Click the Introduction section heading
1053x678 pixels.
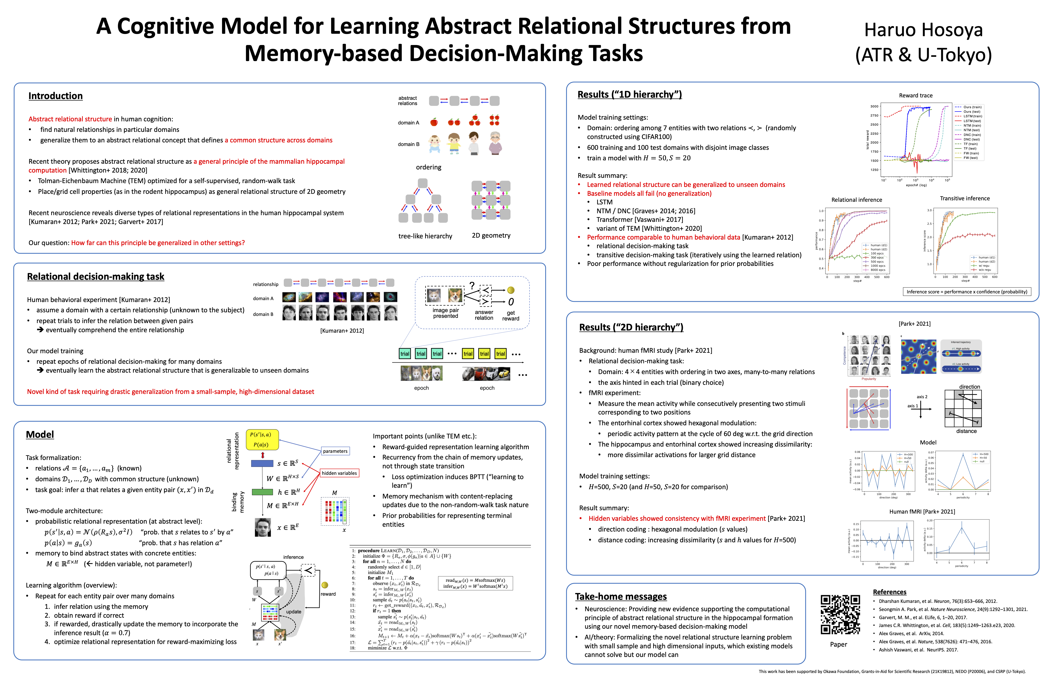(56, 96)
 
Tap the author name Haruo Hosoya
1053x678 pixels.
(923, 30)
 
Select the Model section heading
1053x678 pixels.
(40, 435)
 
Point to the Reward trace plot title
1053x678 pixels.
(915, 95)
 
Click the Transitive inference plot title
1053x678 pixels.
(964, 199)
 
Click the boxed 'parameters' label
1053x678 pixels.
(335, 451)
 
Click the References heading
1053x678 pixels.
(889, 592)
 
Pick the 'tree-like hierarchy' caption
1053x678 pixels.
(425, 236)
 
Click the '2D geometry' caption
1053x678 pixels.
(491, 235)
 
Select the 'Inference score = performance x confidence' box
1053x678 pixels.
(967, 292)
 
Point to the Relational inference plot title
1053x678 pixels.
(856, 200)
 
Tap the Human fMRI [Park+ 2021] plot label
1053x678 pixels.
(922, 512)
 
